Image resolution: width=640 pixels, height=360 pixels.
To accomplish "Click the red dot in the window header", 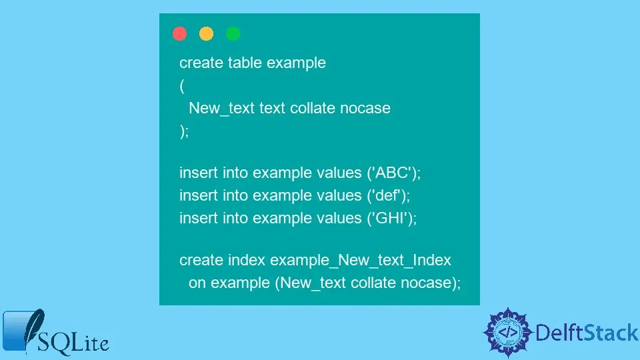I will click(x=179, y=34).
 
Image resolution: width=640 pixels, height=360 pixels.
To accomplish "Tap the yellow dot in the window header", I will click(x=206, y=34).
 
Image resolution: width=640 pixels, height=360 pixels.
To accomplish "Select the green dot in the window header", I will click(x=233, y=34).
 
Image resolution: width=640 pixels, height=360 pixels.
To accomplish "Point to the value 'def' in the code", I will click(x=390, y=196).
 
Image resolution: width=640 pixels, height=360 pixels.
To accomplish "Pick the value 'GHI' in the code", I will click(x=391, y=218).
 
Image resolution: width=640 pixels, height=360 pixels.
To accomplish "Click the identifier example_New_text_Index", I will click(x=361, y=260).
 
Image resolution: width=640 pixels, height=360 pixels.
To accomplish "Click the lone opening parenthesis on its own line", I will click(x=182, y=86).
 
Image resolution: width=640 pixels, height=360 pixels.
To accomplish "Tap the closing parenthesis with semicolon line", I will click(x=184, y=131).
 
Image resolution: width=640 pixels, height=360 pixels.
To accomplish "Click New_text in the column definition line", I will click(x=221, y=108).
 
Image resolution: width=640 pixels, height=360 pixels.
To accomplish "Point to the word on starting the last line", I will click(x=197, y=283).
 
